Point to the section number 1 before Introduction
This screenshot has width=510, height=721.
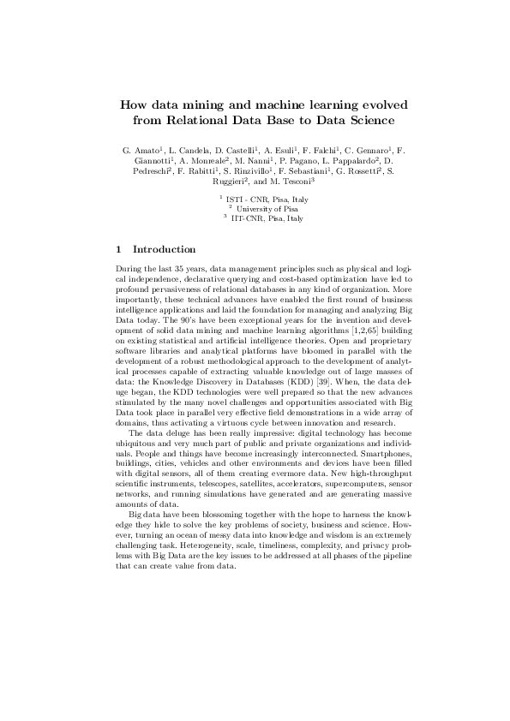pyautogui.click(x=117, y=250)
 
